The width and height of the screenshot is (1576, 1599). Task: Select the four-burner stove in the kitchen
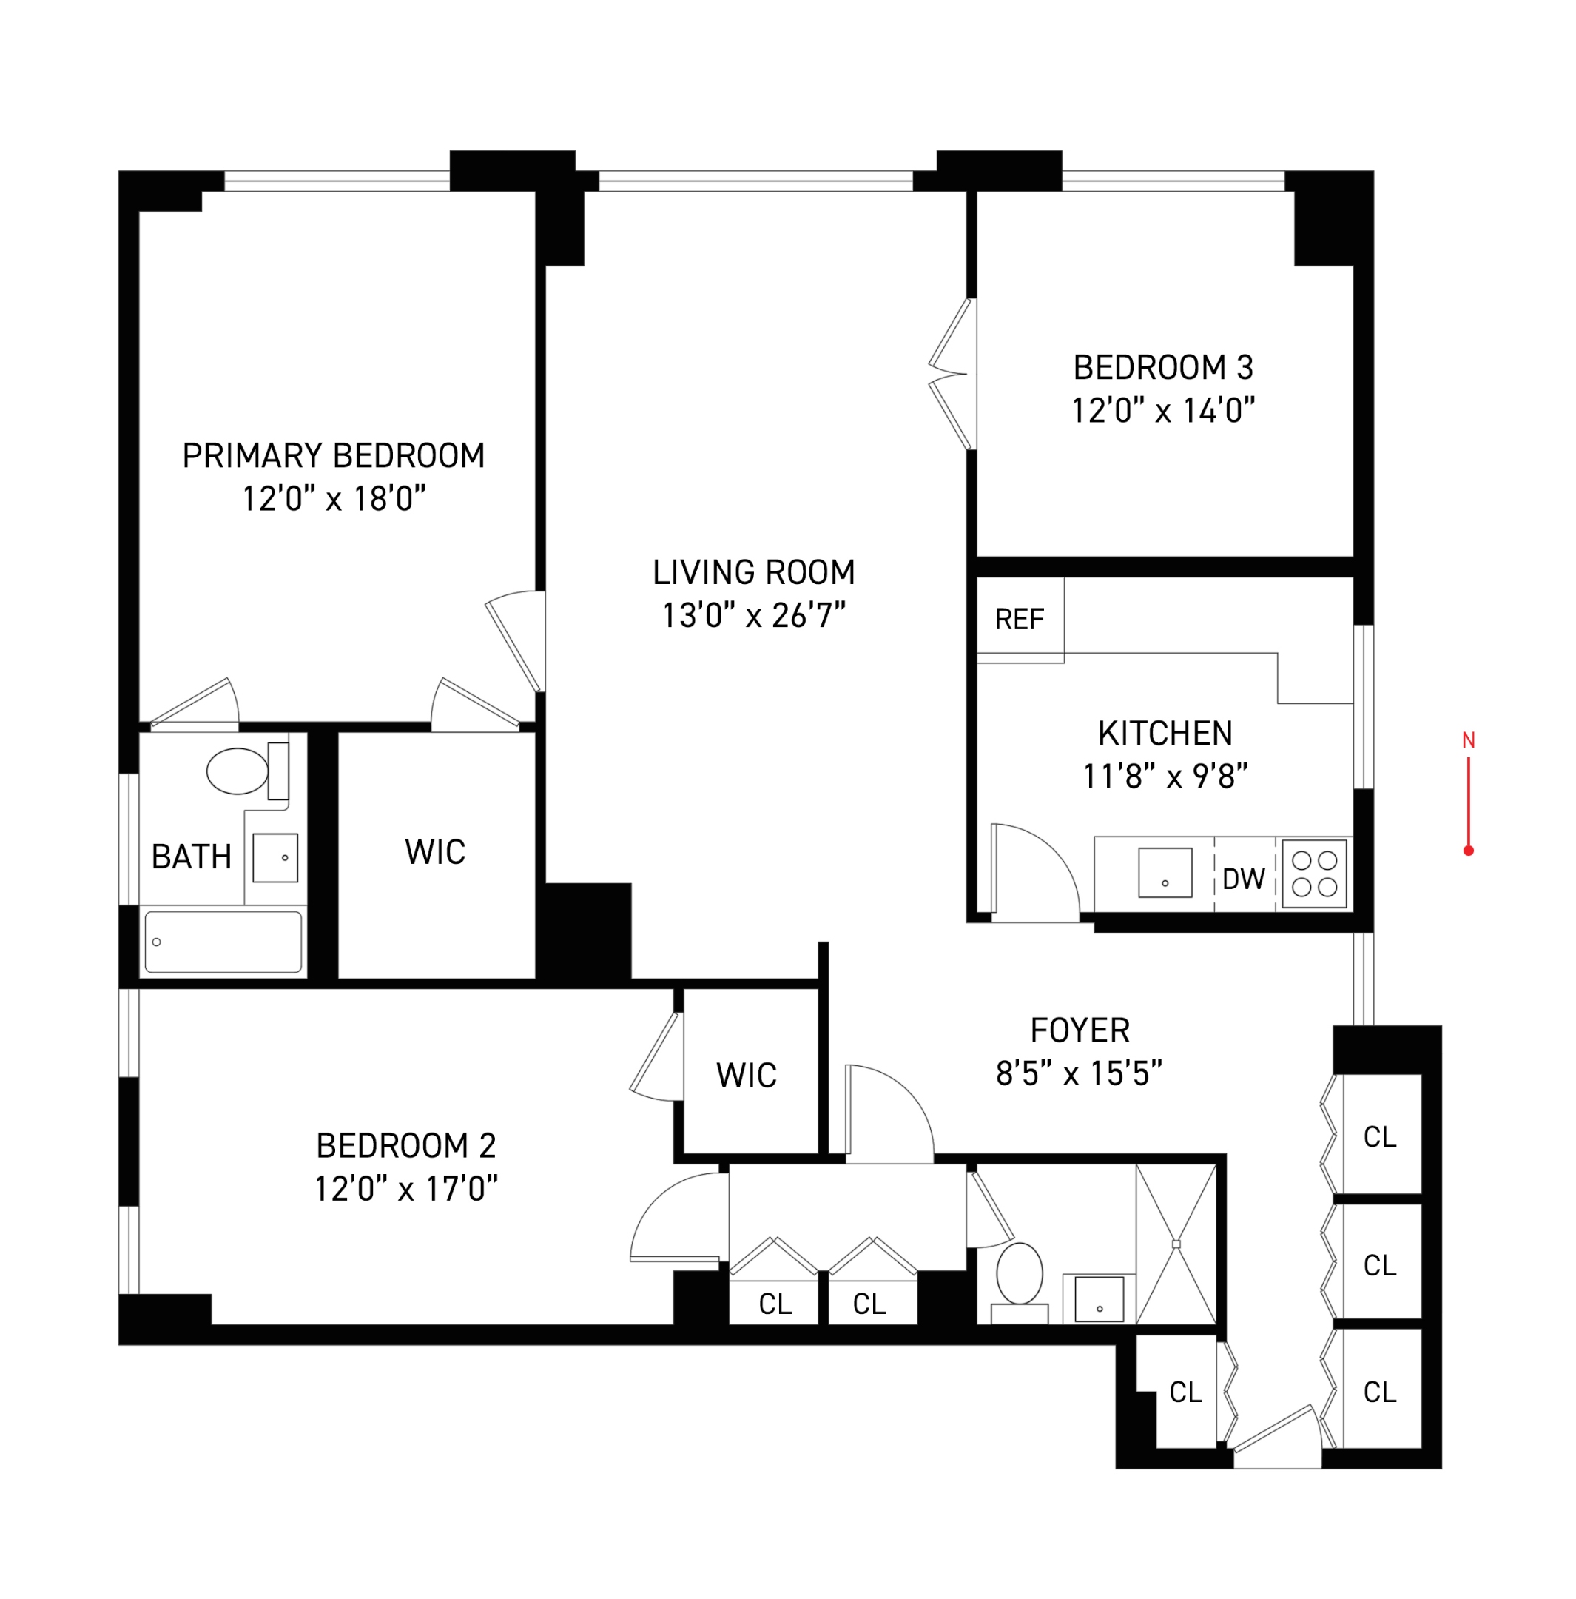(x=1314, y=874)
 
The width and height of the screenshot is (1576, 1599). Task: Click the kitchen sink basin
(x=1164, y=872)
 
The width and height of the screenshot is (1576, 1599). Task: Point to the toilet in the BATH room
(x=238, y=771)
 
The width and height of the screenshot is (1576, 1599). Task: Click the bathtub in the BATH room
(x=223, y=942)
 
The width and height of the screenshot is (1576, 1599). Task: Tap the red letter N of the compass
(x=1468, y=740)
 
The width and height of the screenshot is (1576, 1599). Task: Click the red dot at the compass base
(x=1468, y=851)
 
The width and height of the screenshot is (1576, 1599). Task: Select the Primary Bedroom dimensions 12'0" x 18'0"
(x=334, y=499)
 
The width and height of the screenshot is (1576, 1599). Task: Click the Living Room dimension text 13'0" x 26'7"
(x=752, y=616)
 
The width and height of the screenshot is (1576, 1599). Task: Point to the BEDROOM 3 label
(x=1162, y=367)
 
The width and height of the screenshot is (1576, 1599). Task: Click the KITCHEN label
(x=1164, y=734)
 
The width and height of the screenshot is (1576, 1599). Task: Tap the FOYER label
(x=1080, y=1030)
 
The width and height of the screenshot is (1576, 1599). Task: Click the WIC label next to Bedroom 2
(x=747, y=1076)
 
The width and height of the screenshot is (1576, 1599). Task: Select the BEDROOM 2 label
(x=405, y=1145)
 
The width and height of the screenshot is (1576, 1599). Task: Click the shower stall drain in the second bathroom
(x=1176, y=1244)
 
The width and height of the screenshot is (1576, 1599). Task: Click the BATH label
(x=191, y=857)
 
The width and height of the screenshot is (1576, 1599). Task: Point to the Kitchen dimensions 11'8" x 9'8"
(x=1164, y=777)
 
